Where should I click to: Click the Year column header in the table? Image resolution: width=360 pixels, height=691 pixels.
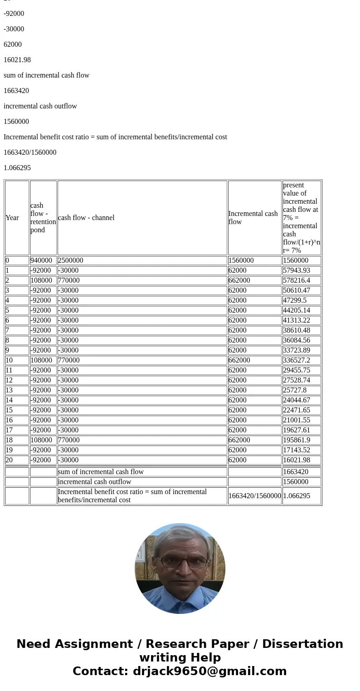click(12, 218)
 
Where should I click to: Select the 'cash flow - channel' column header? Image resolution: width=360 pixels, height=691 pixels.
click(86, 218)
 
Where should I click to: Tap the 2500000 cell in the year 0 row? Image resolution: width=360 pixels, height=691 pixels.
click(71, 260)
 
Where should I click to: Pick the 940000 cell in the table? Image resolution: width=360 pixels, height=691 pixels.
click(41, 260)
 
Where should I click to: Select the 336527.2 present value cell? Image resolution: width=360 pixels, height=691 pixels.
click(297, 360)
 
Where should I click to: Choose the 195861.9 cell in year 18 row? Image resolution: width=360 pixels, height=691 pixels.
click(297, 440)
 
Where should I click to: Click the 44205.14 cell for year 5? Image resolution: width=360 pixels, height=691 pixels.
click(297, 310)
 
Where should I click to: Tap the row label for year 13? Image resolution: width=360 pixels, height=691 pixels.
click(10, 390)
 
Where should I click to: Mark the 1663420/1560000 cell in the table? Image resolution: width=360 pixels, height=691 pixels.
click(254, 496)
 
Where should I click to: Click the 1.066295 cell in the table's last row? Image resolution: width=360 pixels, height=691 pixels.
click(297, 496)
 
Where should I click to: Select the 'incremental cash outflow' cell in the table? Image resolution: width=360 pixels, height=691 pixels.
click(95, 482)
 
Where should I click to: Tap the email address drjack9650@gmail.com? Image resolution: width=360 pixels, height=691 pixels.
click(209, 671)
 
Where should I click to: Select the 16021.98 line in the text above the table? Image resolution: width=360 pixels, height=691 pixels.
click(17, 60)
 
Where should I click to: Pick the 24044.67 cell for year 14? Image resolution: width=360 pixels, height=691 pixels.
click(297, 400)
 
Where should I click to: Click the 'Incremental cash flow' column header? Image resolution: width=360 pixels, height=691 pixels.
click(253, 218)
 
